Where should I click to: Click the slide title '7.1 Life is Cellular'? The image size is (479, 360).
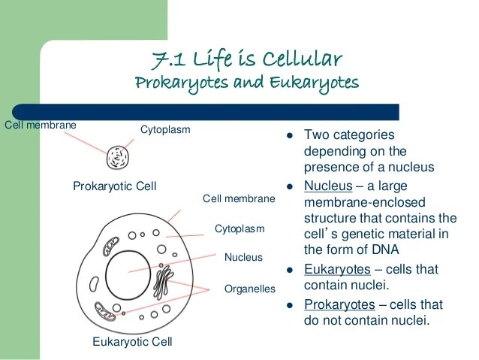(x=246, y=58)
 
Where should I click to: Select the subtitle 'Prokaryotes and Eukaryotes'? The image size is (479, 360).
(x=246, y=81)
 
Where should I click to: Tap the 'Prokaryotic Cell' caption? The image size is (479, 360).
(x=114, y=186)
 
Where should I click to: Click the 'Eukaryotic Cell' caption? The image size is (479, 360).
(x=132, y=342)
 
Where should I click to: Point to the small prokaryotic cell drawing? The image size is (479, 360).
(x=117, y=157)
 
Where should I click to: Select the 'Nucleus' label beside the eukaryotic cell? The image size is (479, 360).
(x=244, y=257)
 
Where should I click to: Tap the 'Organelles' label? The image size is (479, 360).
(x=250, y=289)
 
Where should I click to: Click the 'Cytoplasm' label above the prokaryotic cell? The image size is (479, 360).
(x=165, y=130)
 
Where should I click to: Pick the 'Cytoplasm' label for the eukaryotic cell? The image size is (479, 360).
(x=239, y=228)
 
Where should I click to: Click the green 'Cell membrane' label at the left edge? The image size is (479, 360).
(x=41, y=124)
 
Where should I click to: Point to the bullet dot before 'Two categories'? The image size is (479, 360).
(x=289, y=136)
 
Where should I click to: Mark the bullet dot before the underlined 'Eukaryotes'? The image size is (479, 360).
(x=289, y=270)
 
